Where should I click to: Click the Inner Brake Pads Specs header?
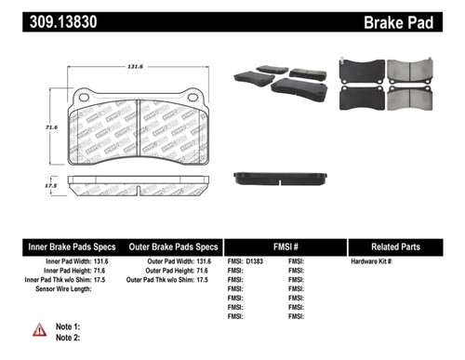(72, 247)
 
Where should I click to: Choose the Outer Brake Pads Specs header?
(173, 247)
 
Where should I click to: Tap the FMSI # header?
(285, 247)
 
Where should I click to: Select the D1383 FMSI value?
(254, 263)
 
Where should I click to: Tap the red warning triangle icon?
(39, 330)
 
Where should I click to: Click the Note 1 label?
(69, 327)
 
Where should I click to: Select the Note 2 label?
(69, 338)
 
